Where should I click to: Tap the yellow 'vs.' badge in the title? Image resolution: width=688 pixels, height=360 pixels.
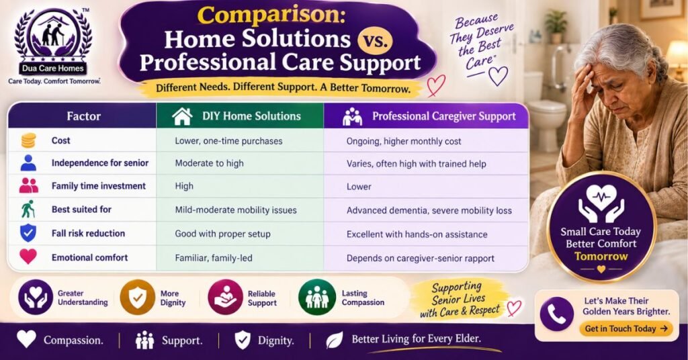pyautogui.click(x=375, y=40)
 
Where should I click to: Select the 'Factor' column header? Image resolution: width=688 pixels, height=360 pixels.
pyautogui.click(x=83, y=116)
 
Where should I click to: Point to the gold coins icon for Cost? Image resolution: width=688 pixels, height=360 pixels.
pyautogui.click(x=28, y=141)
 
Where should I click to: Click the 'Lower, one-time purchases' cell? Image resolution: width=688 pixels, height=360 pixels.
pyautogui.click(x=228, y=141)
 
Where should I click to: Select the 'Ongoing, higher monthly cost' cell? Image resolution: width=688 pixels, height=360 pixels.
pyautogui.click(x=404, y=141)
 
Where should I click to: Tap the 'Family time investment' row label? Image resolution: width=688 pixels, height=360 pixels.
pyautogui.click(x=99, y=186)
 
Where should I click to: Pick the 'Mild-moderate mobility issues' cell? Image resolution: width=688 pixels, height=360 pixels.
pyautogui.click(x=236, y=210)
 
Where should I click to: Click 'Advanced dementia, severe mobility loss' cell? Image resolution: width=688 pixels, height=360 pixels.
pyautogui.click(x=429, y=210)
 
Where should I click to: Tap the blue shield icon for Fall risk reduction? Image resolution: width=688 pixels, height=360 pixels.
pyautogui.click(x=28, y=233)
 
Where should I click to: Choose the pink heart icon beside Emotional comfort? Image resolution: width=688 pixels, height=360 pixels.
pyautogui.click(x=28, y=257)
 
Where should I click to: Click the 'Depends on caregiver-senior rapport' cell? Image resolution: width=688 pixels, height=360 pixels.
pyautogui.click(x=421, y=259)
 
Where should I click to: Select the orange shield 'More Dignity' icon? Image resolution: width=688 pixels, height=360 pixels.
pyautogui.click(x=137, y=298)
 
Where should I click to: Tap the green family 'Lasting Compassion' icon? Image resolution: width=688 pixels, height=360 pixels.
pyautogui.click(x=317, y=298)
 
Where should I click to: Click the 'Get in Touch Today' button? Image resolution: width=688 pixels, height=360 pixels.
pyautogui.click(x=626, y=328)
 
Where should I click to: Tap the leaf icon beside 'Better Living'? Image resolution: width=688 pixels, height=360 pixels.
pyautogui.click(x=335, y=340)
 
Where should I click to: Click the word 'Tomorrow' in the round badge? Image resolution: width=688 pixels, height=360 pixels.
pyautogui.click(x=601, y=256)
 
